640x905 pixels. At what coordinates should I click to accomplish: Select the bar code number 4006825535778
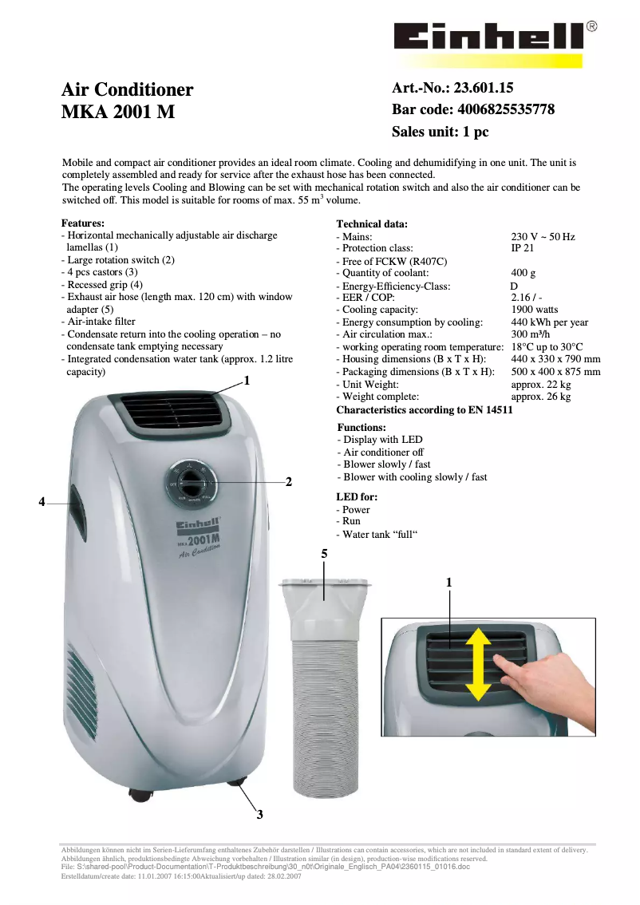(x=504, y=109)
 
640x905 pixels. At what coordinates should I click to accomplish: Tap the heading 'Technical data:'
(x=372, y=224)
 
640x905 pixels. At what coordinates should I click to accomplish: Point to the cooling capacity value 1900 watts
(x=535, y=310)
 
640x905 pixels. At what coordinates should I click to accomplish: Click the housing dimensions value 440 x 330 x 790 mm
(x=555, y=359)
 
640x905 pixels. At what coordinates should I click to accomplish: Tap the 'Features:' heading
(x=83, y=223)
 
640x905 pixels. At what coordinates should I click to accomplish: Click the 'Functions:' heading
(x=361, y=428)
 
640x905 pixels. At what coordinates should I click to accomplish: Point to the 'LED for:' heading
(x=357, y=497)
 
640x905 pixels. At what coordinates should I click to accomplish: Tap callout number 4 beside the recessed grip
(x=41, y=502)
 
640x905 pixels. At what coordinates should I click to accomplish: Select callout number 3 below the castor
(x=259, y=814)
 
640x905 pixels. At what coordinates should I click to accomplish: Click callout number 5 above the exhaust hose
(x=324, y=553)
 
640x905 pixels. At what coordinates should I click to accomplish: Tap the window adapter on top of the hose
(x=324, y=595)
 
